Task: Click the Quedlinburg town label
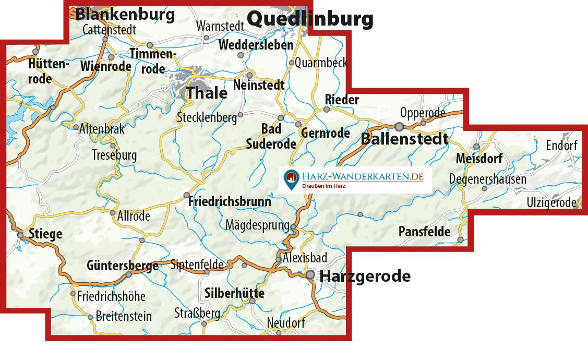click(310, 19)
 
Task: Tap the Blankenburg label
click(125, 14)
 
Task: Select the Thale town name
click(207, 93)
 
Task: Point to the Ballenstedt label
click(404, 139)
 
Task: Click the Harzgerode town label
click(365, 276)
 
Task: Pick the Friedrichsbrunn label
click(230, 201)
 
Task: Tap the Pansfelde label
click(424, 232)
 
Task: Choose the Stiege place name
click(45, 234)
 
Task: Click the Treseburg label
click(114, 155)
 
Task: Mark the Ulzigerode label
click(551, 202)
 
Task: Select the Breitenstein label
click(124, 316)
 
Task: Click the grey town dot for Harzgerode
click(310, 274)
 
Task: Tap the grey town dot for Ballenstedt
click(399, 126)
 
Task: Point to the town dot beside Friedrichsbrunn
click(186, 196)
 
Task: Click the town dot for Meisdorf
click(476, 147)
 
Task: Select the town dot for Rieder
click(327, 110)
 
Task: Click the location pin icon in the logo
click(291, 179)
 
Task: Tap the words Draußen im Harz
click(324, 186)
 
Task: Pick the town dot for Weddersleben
click(241, 55)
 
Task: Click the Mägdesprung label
click(257, 225)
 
